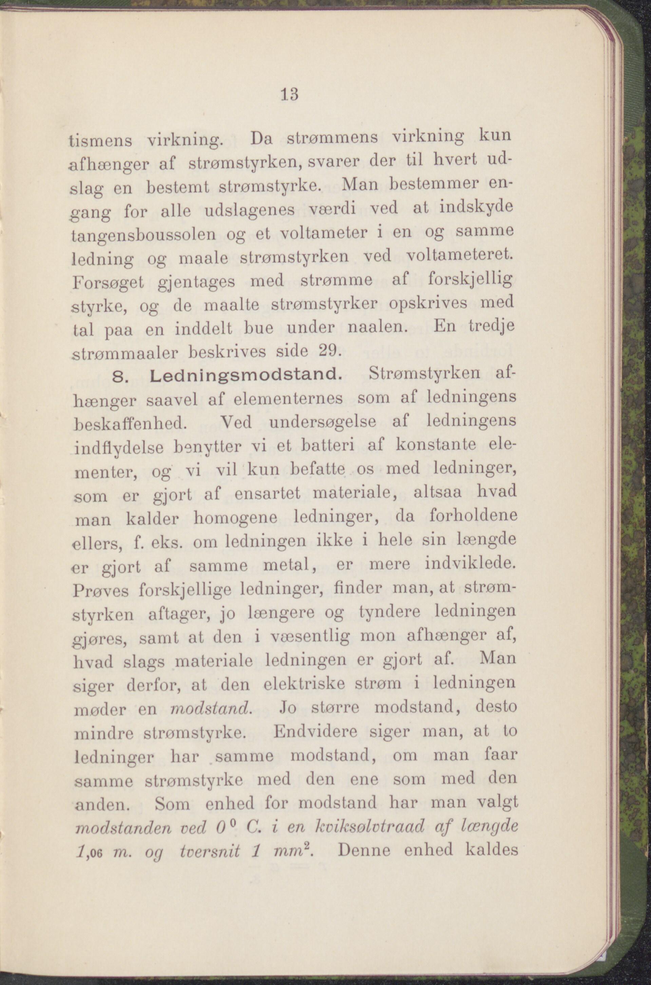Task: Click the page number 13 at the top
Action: [289, 94]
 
